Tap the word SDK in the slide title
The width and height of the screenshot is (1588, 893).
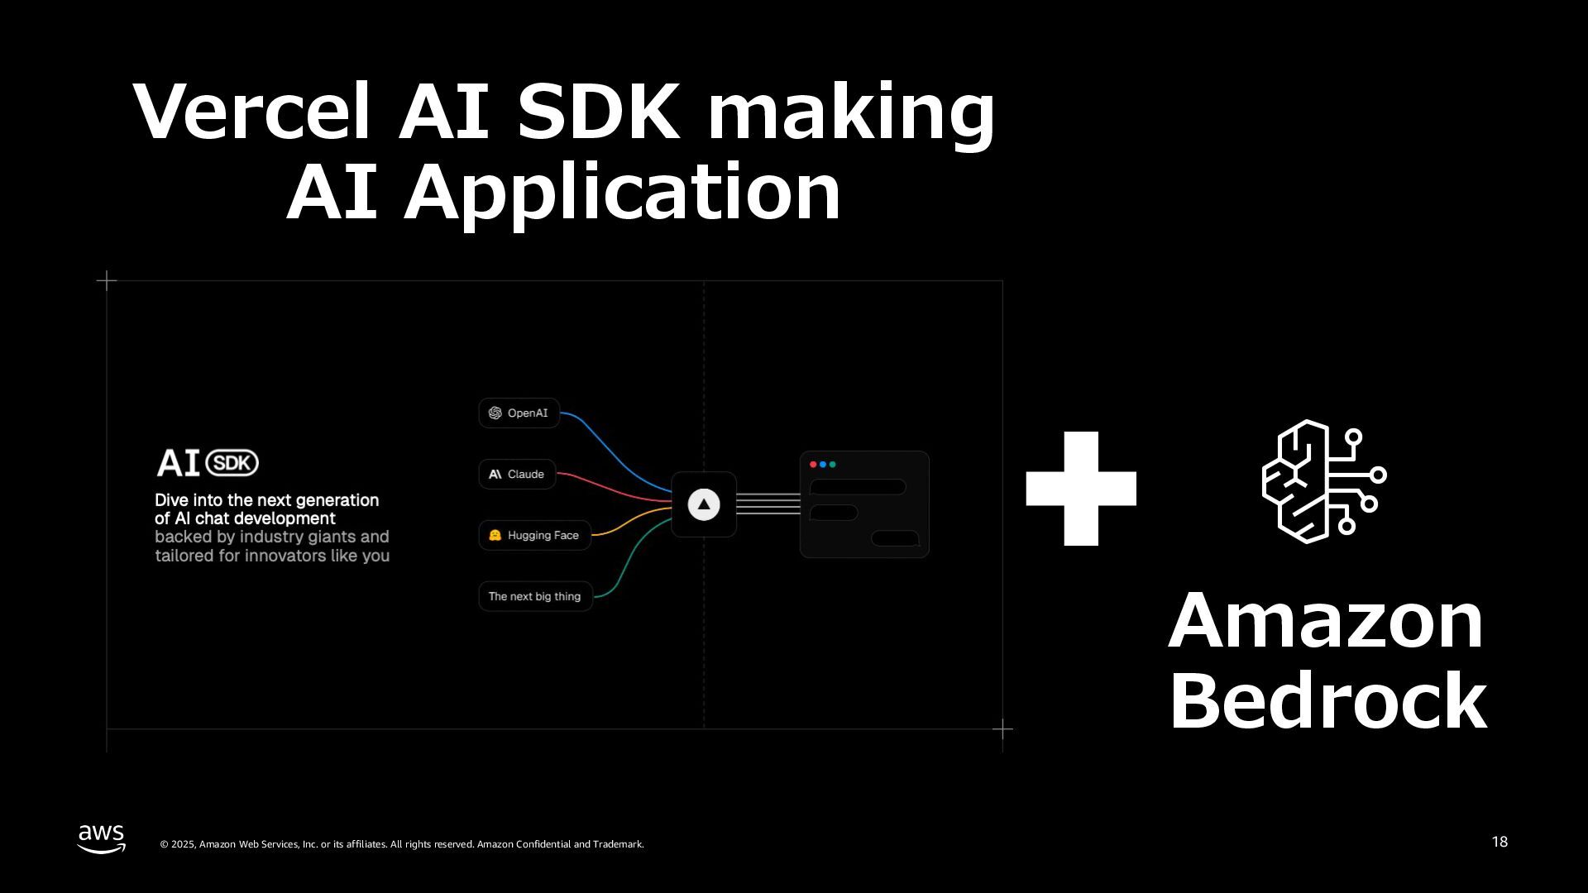pos(598,112)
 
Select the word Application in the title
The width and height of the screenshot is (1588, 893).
pos(621,193)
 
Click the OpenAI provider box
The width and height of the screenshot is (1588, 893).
pos(519,413)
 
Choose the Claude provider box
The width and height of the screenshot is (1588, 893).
pos(517,474)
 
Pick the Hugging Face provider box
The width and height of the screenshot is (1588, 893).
pos(534,535)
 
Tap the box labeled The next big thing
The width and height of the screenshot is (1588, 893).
pos(535,596)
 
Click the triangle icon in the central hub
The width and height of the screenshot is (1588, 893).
pos(704,504)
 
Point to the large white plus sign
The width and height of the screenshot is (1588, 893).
pos(1081,488)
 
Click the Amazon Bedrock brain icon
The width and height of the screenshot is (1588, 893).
pos(1323,481)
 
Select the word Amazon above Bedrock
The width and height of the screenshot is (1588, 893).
pos(1326,621)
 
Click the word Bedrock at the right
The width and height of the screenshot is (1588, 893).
pos(1327,701)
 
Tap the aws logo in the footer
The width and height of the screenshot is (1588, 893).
pos(102,838)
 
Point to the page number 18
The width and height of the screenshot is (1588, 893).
pos(1500,842)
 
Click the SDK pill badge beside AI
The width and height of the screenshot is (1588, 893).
pos(232,463)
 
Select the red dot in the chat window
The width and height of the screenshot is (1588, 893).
pos(813,465)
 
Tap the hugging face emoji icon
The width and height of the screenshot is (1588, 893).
pos(495,535)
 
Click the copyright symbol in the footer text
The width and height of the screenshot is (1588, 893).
pos(164,844)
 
